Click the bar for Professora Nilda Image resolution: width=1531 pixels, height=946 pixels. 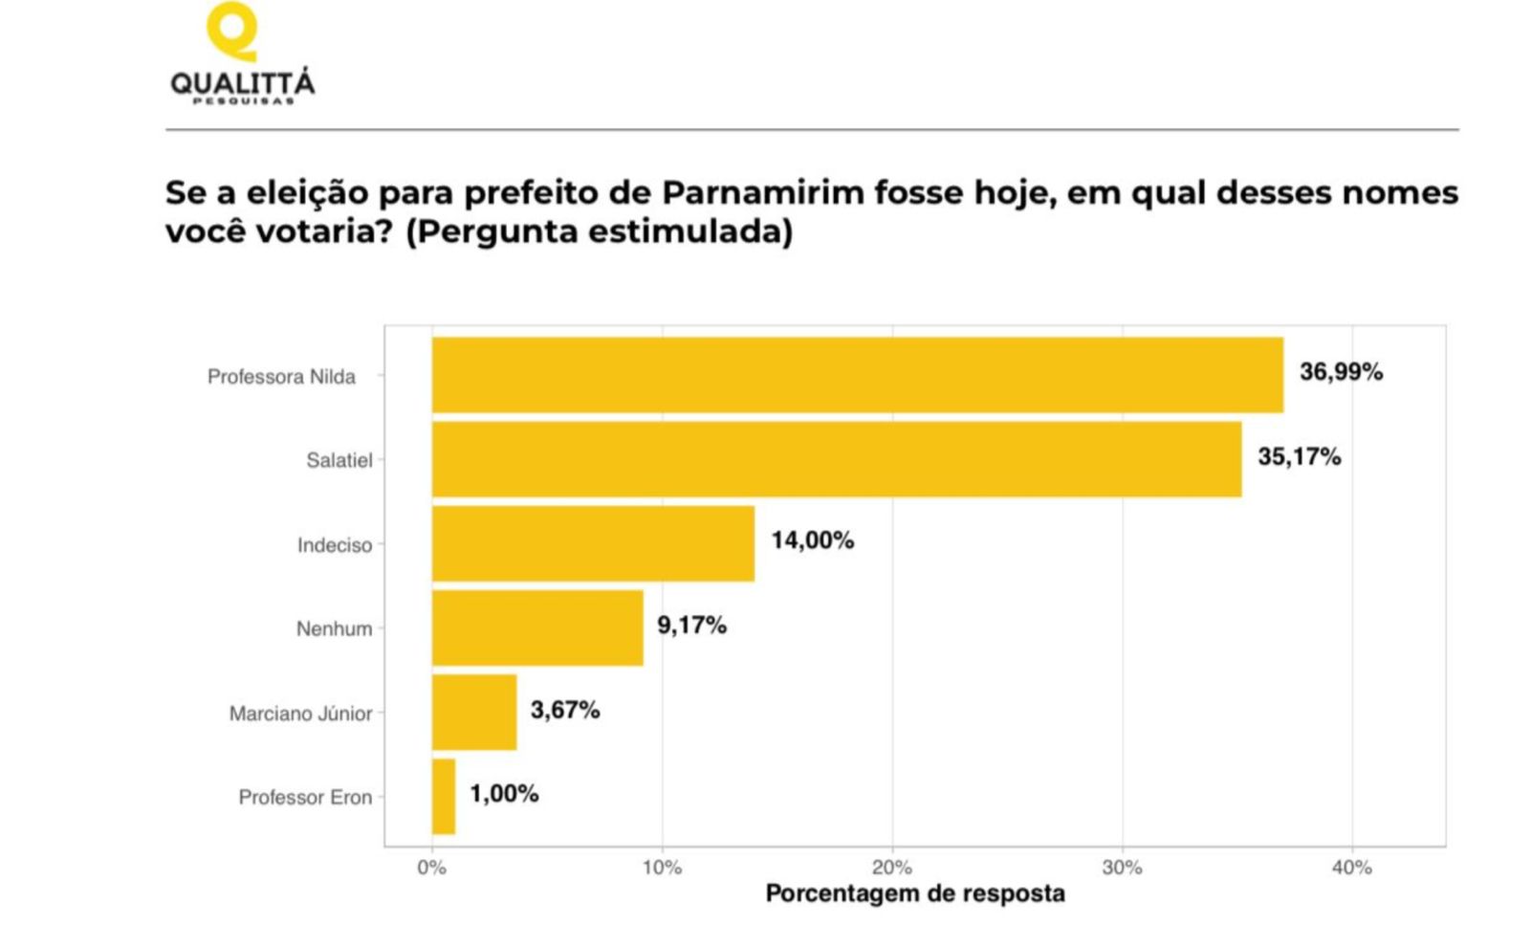pos(858,375)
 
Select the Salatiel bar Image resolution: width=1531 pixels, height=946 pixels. pos(837,459)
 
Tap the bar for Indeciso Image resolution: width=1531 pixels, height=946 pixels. pos(593,544)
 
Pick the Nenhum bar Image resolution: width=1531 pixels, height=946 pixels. pos(537,628)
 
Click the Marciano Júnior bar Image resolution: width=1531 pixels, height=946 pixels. pos(474,713)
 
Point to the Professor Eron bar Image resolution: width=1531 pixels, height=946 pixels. pos(444,797)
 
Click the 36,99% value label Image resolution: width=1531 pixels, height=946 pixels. pos(1341,372)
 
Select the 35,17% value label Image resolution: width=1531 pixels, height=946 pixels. pos(1300,456)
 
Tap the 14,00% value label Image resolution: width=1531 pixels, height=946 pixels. pos(813,540)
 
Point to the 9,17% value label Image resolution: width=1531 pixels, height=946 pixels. pos(691,626)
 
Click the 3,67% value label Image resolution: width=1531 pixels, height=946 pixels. pos(565,710)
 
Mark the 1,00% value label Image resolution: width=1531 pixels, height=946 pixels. pos(504,794)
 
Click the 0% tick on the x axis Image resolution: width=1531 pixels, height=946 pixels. pos(432,869)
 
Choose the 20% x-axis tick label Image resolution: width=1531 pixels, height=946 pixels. pos(892,869)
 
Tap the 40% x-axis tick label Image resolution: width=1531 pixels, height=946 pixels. pos(1352,869)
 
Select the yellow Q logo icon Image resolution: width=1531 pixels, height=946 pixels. pos(232,31)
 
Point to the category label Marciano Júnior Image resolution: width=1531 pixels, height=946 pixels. pos(300,714)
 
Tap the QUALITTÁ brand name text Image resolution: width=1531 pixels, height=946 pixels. pos(243,82)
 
